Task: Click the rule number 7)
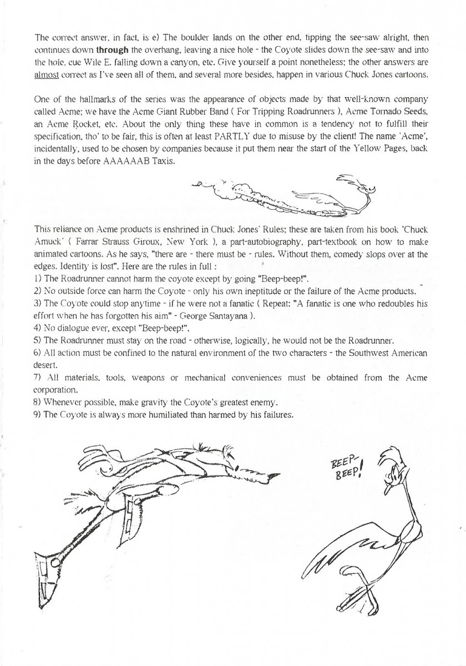coord(39,378)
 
